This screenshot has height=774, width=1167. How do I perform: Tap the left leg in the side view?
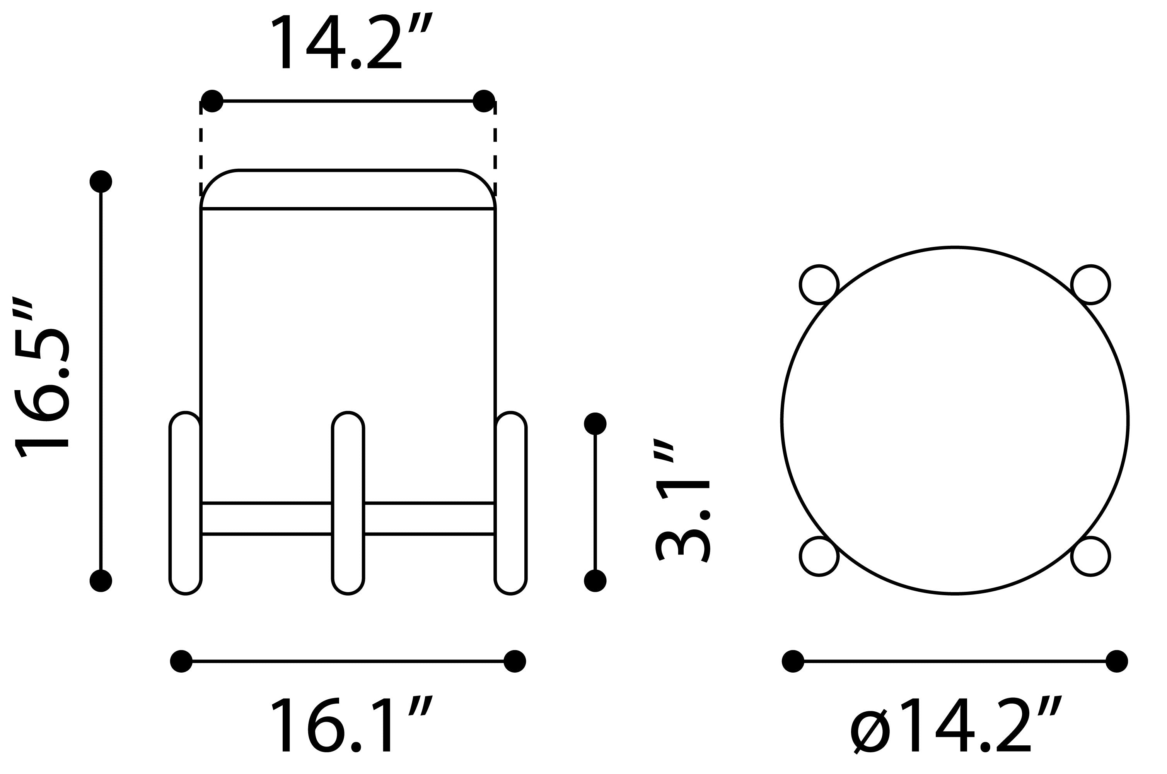(186, 503)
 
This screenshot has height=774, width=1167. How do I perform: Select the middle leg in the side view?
(348, 503)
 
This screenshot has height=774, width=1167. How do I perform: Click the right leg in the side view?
(510, 503)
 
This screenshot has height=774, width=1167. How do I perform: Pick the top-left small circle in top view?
(819, 285)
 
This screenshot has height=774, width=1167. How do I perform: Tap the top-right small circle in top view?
(1090, 285)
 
